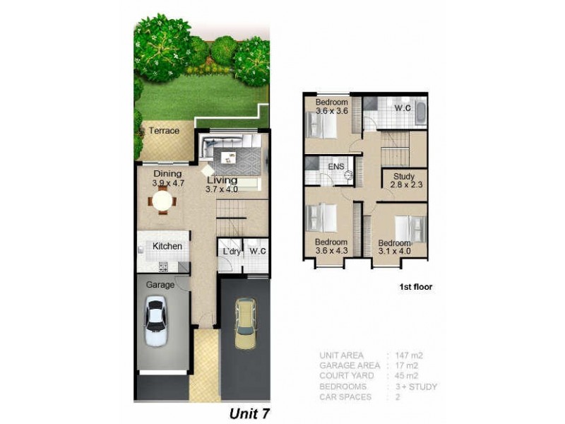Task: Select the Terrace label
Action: pyautogui.click(x=163, y=131)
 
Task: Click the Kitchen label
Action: pyautogui.click(x=167, y=246)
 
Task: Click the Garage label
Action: pyautogui.click(x=160, y=284)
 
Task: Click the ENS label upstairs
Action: pyautogui.click(x=336, y=166)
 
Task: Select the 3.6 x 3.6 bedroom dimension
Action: pyautogui.click(x=332, y=111)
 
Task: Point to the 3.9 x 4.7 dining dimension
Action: pyautogui.click(x=167, y=183)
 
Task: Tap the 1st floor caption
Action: pyautogui.click(x=415, y=288)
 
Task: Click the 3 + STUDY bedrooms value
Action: pyautogui.click(x=417, y=387)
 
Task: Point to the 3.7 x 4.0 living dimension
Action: pyautogui.click(x=222, y=189)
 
